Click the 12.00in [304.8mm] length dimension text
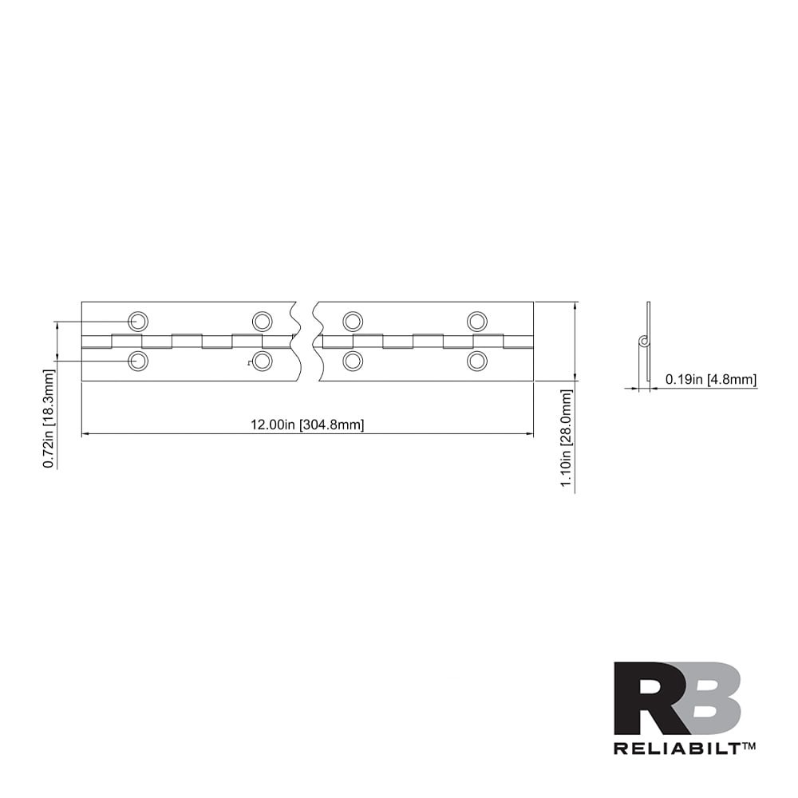pyautogui.click(x=307, y=425)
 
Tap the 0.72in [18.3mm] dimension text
pyautogui.click(x=49, y=418)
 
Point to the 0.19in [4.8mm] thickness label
pyautogui.click(x=711, y=380)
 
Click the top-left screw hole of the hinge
pyautogui.click(x=139, y=322)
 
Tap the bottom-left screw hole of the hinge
pyautogui.click(x=139, y=361)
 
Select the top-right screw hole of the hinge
pyautogui.click(x=477, y=322)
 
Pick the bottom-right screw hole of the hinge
pyautogui.click(x=477, y=361)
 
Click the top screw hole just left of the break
pyautogui.click(x=262, y=322)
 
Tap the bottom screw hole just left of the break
pyautogui.click(x=262, y=361)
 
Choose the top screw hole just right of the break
pyautogui.click(x=353, y=322)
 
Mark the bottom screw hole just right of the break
pyautogui.click(x=353, y=361)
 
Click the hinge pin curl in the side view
pyautogui.click(x=642, y=342)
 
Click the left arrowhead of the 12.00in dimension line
pyautogui.click(x=85, y=434)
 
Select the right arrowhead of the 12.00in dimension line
pyautogui.click(x=530, y=434)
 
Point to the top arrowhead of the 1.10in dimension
pyautogui.click(x=575, y=305)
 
